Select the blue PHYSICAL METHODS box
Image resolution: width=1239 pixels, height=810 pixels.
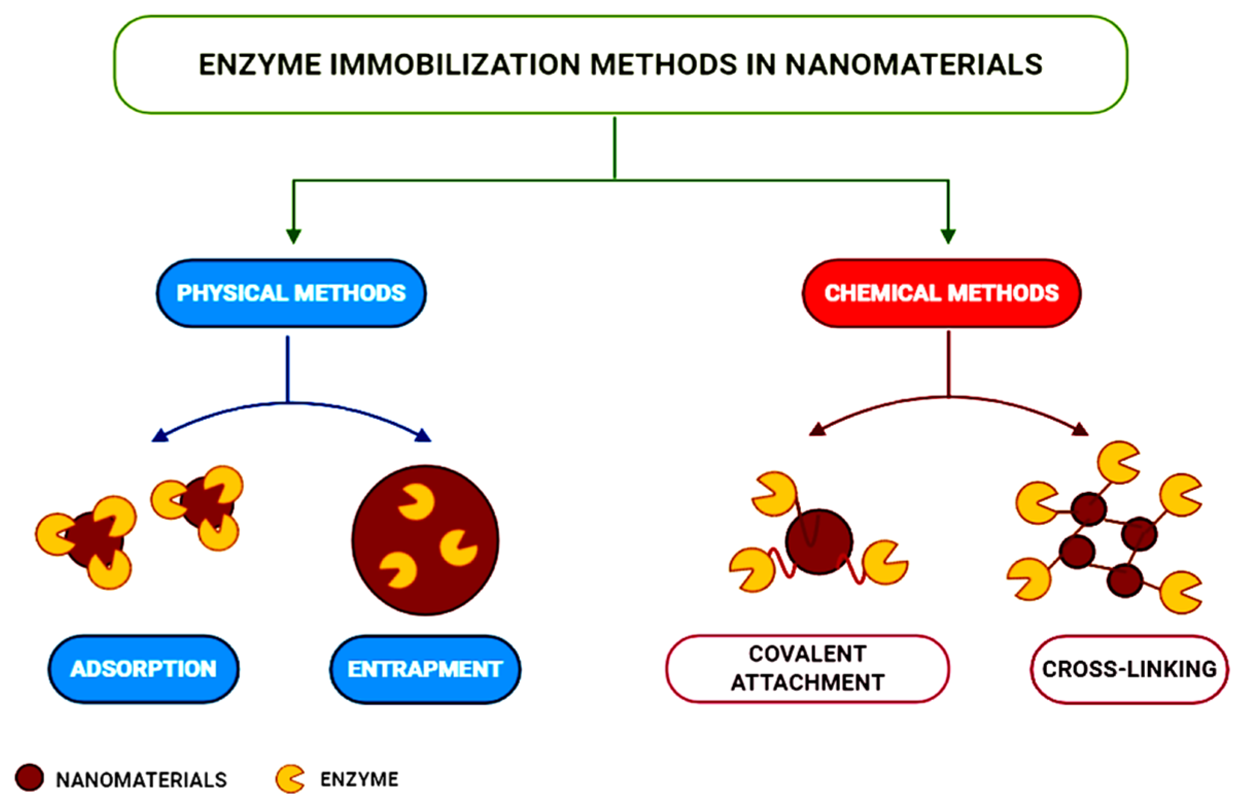(x=291, y=294)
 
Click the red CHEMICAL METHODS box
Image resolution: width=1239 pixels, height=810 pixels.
(x=941, y=294)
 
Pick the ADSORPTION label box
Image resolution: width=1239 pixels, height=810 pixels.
(x=144, y=669)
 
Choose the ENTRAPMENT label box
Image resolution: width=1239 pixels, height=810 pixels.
(x=425, y=669)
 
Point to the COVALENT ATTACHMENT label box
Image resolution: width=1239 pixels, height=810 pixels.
(x=808, y=668)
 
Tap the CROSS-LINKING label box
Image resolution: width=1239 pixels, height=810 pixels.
(x=1129, y=669)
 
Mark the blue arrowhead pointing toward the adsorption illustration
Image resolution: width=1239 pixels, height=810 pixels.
(x=159, y=437)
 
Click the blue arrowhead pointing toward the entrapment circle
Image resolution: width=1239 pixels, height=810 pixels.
(x=423, y=436)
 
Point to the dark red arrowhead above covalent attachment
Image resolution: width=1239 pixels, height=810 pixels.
(x=817, y=429)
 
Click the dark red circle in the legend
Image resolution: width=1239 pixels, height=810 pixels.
(x=29, y=778)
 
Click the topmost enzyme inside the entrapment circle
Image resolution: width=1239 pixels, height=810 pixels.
(x=416, y=502)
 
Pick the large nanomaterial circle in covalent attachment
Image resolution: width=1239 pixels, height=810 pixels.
(x=819, y=542)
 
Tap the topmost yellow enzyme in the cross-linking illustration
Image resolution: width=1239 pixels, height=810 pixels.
(x=1118, y=462)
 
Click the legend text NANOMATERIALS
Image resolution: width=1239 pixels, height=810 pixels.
(x=141, y=780)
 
